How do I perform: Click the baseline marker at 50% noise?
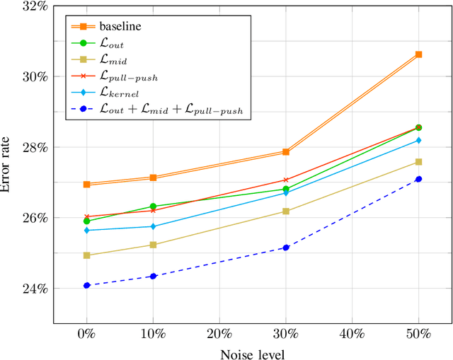click(418, 54)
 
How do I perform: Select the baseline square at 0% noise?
click(86, 184)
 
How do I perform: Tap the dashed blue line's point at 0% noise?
click(86, 285)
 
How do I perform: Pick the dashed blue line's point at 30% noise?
click(286, 248)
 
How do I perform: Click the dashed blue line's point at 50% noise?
click(418, 179)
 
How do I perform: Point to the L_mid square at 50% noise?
click(418, 162)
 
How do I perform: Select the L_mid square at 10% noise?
click(153, 245)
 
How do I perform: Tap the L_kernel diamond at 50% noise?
click(418, 140)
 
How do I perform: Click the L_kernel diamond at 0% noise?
click(86, 230)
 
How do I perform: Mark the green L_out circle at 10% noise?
click(153, 207)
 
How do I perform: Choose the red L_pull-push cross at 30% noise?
click(286, 180)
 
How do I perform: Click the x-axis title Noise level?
click(253, 352)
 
